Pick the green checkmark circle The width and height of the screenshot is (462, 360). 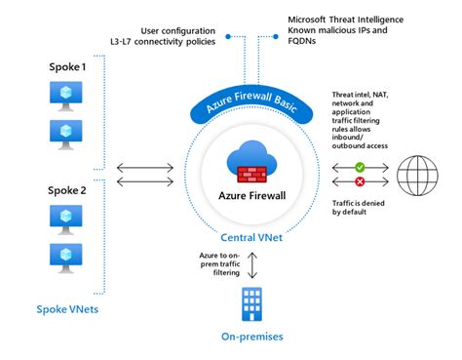coord(361,167)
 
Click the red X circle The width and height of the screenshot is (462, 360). coord(361,181)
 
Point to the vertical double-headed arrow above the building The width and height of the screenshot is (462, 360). coord(253,263)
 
